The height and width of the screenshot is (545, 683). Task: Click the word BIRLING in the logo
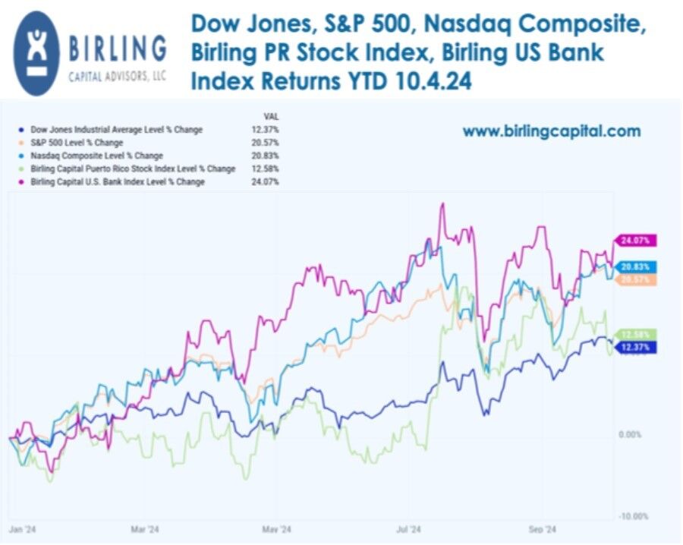(118, 49)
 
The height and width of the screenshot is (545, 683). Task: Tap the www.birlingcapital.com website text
(552, 131)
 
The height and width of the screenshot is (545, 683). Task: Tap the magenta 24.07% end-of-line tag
(634, 241)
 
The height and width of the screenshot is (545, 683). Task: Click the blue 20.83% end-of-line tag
(634, 267)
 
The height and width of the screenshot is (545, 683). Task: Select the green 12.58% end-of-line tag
(634, 335)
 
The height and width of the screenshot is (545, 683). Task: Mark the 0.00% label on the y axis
(631, 434)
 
